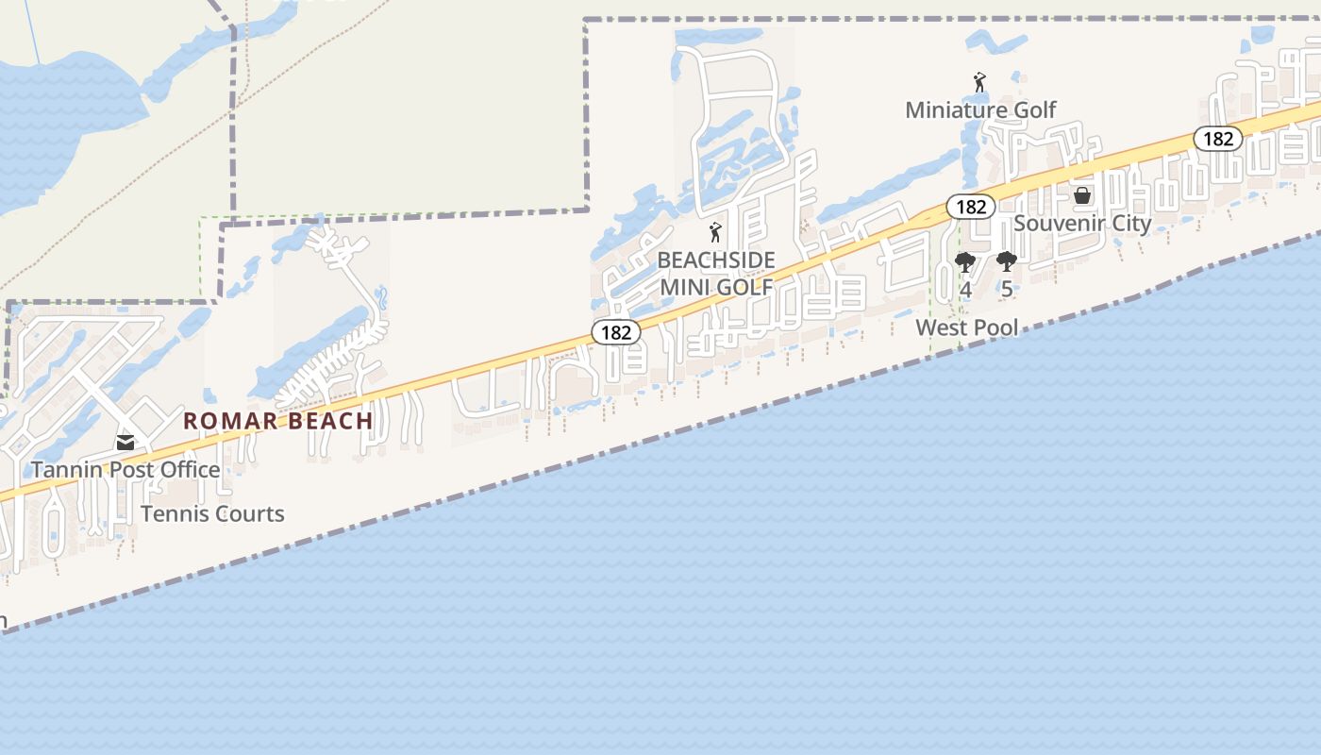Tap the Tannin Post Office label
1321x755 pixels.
click(125, 469)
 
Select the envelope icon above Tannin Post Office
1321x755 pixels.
click(125, 442)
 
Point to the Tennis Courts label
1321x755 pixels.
click(212, 513)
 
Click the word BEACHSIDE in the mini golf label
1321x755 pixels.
click(716, 260)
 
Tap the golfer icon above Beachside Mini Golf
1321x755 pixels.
click(715, 232)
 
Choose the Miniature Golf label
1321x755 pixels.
click(980, 109)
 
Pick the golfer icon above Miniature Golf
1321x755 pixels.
click(979, 83)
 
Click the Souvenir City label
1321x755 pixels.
click(1082, 223)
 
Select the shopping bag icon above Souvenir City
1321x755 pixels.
click(1082, 195)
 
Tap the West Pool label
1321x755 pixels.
click(967, 327)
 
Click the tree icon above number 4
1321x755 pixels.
click(964, 261)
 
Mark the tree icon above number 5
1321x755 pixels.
click(1006, 261)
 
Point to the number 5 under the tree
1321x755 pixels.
click(1006, 289)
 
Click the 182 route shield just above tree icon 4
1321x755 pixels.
click(970, 207)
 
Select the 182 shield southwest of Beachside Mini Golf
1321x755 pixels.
click(616, 332)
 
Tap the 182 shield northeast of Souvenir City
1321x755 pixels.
click(1218, 139)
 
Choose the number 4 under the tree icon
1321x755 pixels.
click(965, 289)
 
